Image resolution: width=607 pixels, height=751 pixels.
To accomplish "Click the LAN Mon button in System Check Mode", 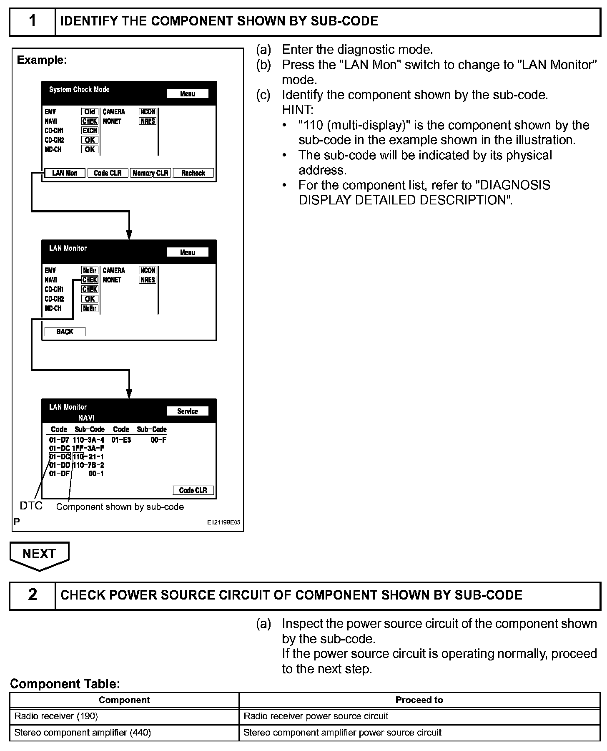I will click(65, 173).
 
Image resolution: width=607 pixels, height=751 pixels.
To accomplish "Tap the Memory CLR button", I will click(150, 173).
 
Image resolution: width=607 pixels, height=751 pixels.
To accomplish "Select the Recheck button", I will click(193, 173).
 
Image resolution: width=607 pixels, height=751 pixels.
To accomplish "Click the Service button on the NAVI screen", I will click(187, 411).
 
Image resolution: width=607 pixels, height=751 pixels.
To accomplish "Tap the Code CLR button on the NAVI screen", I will click(193, 490).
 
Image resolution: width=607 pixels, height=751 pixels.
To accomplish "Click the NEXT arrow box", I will click(40, 554).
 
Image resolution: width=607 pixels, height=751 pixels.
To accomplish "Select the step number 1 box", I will click(33, 21).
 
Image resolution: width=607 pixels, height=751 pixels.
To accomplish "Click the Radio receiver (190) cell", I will click(124, 716).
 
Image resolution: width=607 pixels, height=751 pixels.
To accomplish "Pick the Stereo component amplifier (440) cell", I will click(124, 733).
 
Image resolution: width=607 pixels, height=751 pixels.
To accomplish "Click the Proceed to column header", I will click(419, 700).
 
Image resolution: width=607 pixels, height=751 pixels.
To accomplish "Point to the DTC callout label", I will click(31, 506).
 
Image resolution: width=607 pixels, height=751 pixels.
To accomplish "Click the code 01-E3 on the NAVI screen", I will click(121, 440).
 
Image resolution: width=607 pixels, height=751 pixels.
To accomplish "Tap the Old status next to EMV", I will click(90, 112).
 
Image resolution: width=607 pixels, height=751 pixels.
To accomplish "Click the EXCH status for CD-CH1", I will click(90, 131).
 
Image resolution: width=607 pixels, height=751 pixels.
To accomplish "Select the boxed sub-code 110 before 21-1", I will click(78, 457).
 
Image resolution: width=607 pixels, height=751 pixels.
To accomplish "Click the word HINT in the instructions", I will click(297, 110).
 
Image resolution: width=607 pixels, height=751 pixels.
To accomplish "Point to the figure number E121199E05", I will click(223, 522).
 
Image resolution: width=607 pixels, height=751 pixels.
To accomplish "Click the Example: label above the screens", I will click(42, 60).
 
